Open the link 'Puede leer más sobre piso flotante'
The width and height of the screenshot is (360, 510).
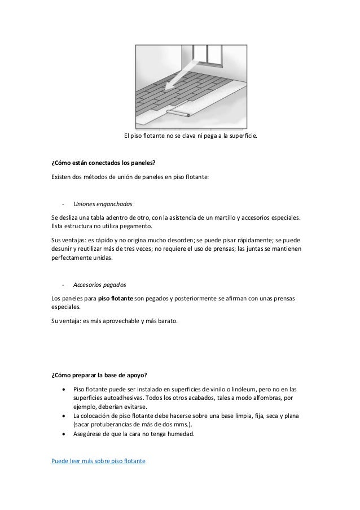tap(98, 461)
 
